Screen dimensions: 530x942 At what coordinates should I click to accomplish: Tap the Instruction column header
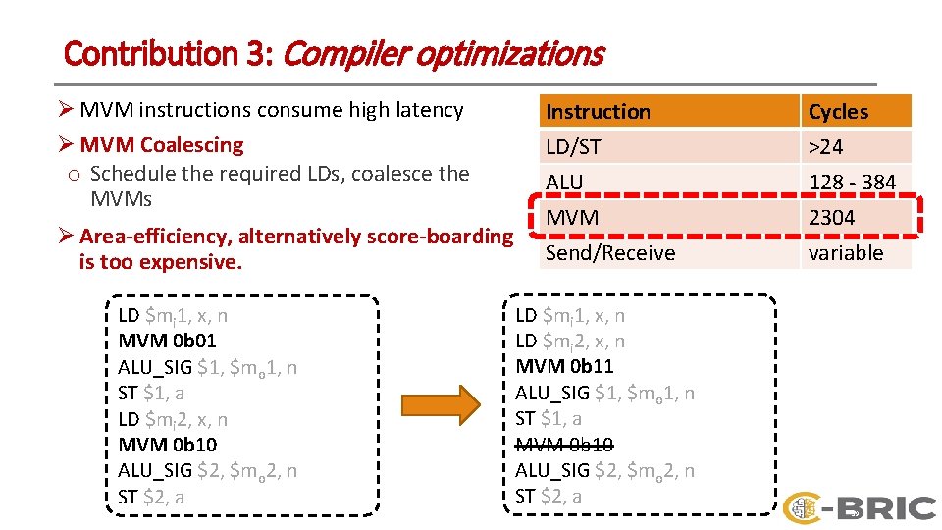[x=598, y=112]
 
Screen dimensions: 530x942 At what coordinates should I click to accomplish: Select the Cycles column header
[x=838, y=112]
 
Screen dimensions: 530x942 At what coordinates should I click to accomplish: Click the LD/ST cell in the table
[x=573, y=147]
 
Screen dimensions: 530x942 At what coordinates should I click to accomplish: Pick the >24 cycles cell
[x=825, y=147]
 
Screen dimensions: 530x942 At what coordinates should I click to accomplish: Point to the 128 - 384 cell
[x=852, y=183]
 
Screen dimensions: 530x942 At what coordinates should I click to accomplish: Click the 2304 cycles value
[x=832, y=218]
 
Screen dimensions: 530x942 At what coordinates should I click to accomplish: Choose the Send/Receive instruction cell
[x=610, y=253]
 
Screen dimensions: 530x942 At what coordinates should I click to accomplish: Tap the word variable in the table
[x=845, y=253]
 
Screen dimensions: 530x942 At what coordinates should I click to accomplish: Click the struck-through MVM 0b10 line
[x=564, y=445]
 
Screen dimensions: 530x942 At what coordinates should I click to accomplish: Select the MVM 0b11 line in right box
[x=564, y=367]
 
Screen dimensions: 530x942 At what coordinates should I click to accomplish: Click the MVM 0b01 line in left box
[x=167, y=342]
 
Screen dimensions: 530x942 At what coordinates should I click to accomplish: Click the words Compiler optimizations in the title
[x=442, y=53]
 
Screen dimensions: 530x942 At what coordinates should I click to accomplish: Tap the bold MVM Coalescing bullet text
[x=162, y=145]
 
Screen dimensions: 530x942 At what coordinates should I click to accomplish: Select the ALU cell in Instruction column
[x=564, y=183]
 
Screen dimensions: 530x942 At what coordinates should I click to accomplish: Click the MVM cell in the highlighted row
[x=572, y=218]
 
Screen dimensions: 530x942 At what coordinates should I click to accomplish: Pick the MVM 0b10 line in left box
[x=167, y=445]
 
